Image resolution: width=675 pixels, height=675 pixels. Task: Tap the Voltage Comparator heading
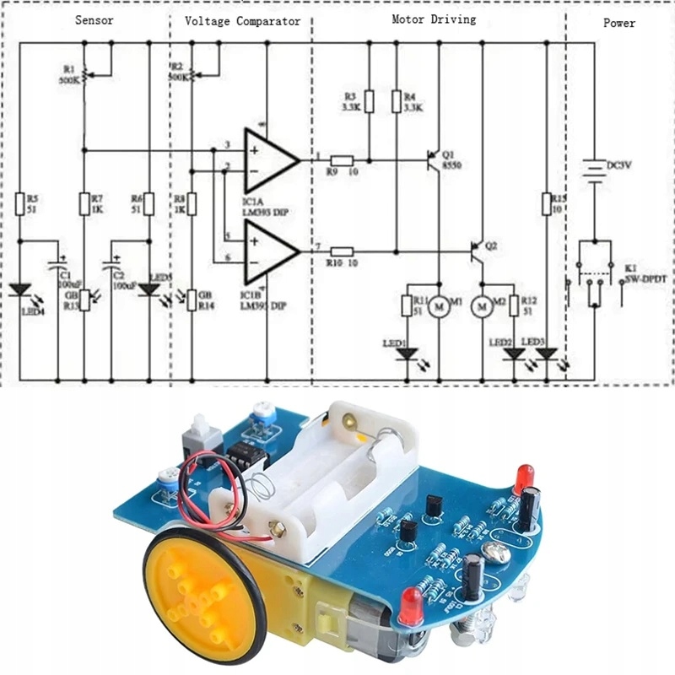coord(242,21)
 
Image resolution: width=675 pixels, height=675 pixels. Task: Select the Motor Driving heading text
coord(434,19)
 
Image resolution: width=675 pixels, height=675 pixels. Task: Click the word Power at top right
coord(618,23)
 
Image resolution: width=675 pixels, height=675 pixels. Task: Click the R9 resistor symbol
coord(342,160)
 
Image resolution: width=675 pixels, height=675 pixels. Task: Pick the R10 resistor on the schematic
coord(342,251)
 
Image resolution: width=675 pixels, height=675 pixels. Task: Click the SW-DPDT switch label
coord(645,277)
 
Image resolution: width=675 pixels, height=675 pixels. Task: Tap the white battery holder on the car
coord(337,481)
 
